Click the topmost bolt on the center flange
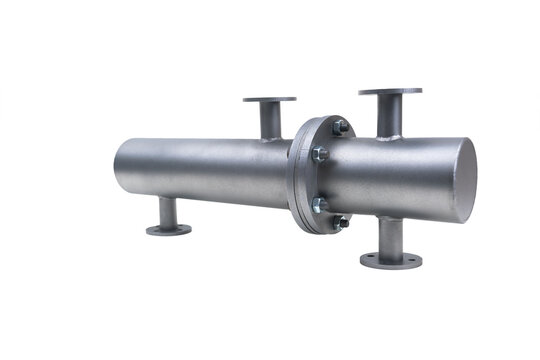(x=341, y=127)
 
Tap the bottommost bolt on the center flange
(x=341, y=222)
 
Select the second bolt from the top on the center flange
(x=320, y=154)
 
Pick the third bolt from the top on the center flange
(x=320, y=204)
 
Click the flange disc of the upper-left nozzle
(x=269, y=100)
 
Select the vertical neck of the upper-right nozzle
(x=390, y=116)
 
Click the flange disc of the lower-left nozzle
(x=169, y=230)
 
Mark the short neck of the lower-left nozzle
(x=168, y=212)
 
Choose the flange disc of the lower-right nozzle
(x=391, y=260)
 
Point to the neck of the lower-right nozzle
(x=391, y=236)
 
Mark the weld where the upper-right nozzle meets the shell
(x=390, y=136)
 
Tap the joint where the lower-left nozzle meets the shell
(x=168, y=200)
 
